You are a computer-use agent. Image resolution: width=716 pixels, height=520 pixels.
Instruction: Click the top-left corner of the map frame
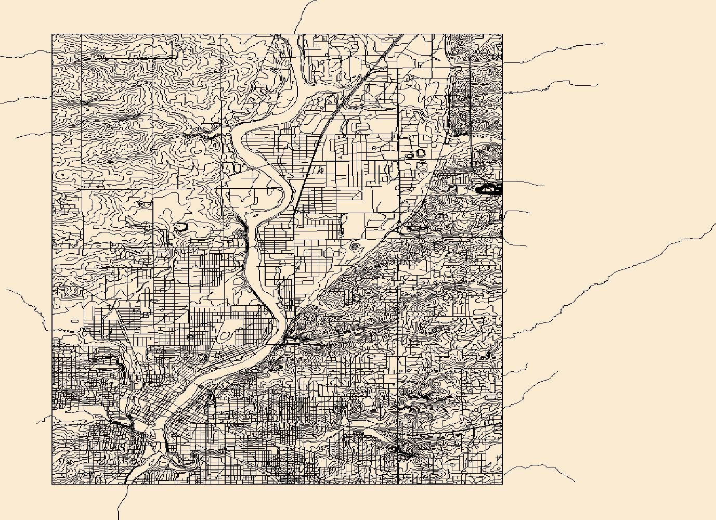(52, 35)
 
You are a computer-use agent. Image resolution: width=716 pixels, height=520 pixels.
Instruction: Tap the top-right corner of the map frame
(502, 35)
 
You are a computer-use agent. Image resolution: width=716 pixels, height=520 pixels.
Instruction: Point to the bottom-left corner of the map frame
(52, 484)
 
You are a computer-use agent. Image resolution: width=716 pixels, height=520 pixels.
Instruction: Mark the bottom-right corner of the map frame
(502, 484)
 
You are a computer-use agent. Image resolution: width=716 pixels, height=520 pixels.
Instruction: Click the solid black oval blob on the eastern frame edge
(489, 190)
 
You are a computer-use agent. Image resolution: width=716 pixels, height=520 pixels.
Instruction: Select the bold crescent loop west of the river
(180, 227)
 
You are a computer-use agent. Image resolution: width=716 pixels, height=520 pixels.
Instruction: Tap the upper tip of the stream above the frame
(316, 1)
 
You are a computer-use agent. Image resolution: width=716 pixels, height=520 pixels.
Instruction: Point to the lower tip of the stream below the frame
(119, 519)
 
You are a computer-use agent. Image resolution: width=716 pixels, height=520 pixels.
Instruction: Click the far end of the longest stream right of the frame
(715, 224)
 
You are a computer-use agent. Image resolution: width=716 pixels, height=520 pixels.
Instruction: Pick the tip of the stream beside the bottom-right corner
(575, 482)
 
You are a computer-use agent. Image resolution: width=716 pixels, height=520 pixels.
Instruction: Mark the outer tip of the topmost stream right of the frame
(603, 43)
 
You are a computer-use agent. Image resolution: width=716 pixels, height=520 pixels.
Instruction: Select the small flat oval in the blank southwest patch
(74, 321)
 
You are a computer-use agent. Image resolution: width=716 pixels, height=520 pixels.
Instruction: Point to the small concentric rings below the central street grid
(355, 245)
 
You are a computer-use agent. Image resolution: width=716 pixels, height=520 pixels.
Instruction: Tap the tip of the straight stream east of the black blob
(544, 185)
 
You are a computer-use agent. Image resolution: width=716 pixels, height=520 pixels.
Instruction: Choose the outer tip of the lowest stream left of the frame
(36, 422)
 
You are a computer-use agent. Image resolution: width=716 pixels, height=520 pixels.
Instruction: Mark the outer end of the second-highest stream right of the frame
(598, 84)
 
